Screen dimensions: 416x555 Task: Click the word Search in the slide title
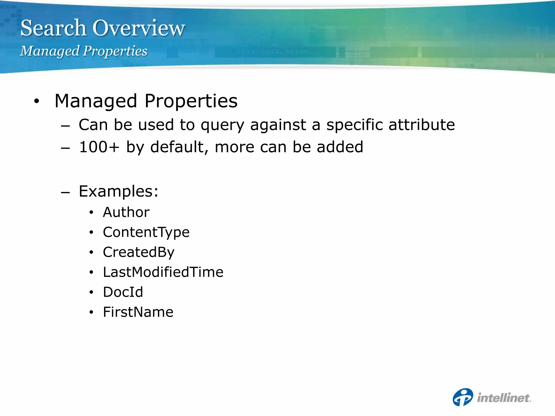(x=53, y=28)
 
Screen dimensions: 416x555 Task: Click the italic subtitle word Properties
(x=115, y=51)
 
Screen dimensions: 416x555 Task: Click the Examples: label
(x=118, y=191)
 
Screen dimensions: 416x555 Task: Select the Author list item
(x=126, y=212)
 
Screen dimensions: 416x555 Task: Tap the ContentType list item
(x=146, y=232)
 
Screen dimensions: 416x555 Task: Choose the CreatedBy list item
(x=138, y=252)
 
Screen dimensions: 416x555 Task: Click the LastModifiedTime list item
(x=163, y=272)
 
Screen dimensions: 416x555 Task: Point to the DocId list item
(x=123, y=292)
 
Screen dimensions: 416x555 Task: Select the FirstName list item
(x=138, y=312)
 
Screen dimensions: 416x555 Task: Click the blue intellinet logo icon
(x=463, y=397)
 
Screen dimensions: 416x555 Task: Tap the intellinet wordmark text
(x=504, y=398)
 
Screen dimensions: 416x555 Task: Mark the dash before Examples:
(x=65, y=193)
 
